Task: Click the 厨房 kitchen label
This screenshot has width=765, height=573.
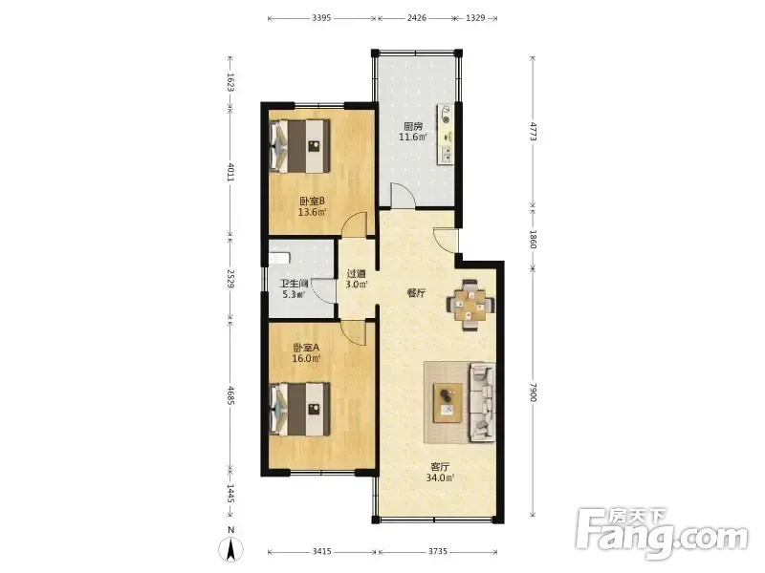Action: click(413, 126)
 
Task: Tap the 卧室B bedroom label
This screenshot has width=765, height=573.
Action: click(313, 201)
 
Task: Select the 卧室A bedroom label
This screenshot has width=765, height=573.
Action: click(306, 348)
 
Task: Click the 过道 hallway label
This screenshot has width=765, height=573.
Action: click(356, 274)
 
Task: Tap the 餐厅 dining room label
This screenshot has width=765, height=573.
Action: click(416, 293)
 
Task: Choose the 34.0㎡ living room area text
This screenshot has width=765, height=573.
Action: click(440, 478)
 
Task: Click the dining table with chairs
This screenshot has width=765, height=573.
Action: click(470, 305)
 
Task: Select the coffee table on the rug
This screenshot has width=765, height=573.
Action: click(448, 402)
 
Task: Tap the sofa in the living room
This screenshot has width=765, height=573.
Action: click(483, 402)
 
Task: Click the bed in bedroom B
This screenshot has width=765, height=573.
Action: click(300, 146)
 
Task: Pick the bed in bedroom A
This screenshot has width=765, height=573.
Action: click(300, 410)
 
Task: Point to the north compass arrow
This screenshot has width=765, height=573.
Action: click(230, 549)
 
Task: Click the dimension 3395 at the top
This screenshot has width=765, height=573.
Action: click(321, 18)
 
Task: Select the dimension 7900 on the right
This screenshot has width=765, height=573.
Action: click(533, 393)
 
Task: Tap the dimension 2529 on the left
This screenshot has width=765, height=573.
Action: click(231, 279)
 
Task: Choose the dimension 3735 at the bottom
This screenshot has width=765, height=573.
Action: click(438, 552)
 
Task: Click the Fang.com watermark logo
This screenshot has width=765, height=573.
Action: click(661, 534)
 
